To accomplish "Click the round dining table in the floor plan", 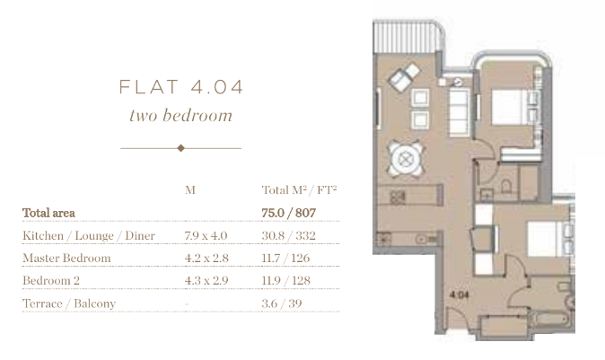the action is click(405, 159).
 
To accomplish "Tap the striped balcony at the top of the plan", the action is click(408, 36).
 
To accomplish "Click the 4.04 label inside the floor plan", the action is click(460, 294).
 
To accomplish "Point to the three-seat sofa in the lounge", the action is click(460, 112).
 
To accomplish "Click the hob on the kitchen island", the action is click(398, 197).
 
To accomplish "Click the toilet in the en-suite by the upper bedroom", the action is click(506, 187).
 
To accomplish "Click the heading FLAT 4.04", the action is click(181, 87).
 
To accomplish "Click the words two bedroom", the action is click(181, 116).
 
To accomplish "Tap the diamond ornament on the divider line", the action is click(181, 148).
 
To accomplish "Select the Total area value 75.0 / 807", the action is click(289, 213).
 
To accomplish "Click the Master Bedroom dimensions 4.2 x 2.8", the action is click(206, 259).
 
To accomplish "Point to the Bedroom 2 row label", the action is click(51, 280).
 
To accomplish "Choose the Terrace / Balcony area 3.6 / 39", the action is click(282, 303).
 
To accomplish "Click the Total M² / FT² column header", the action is click(300, 189).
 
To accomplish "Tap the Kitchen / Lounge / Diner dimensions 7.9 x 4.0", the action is click(206, 235).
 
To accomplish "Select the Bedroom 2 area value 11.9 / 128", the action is click(286, 280).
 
